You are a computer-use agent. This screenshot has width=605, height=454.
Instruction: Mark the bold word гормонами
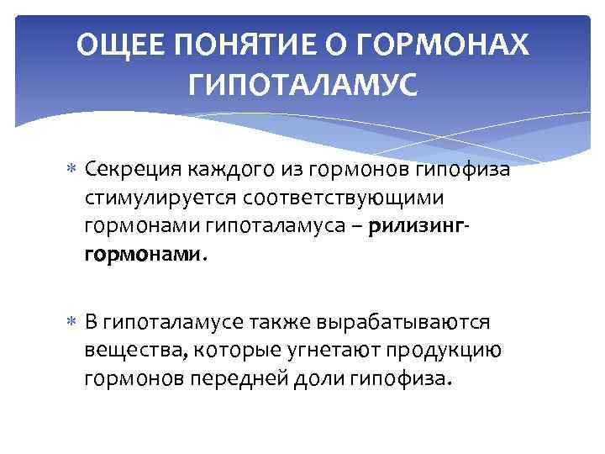(x=142, y=253)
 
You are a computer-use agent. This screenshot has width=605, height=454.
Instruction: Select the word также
(x=279, y=323)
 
